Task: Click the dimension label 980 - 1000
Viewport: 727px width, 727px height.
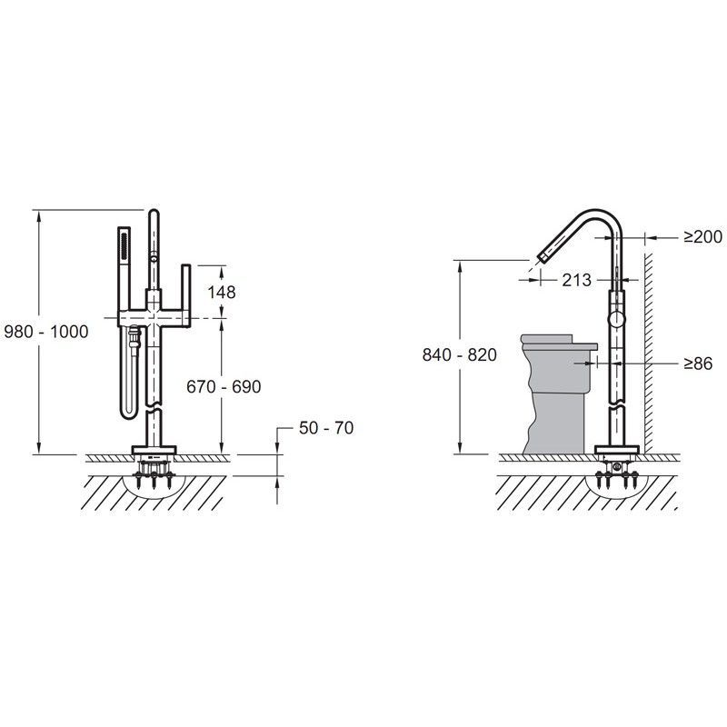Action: click(46, 332)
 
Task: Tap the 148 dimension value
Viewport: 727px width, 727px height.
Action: click(222, 292)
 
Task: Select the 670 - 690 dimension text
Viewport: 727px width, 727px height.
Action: click(224, 386)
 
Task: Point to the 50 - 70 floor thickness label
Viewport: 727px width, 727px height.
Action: click(326, 428)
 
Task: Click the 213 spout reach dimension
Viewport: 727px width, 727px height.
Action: click(577, 280)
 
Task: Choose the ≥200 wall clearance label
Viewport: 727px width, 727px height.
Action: click(702, 237)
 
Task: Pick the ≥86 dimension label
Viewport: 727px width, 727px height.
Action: click(698, 363)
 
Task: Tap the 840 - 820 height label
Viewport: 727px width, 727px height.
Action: click(460, 354)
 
